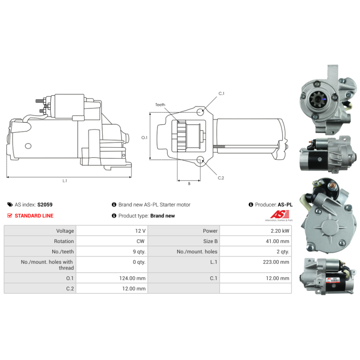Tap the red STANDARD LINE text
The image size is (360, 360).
click(x=34, y=216)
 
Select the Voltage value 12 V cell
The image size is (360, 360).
click(x=140, y=231)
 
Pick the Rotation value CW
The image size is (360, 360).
click(x=140, y=241)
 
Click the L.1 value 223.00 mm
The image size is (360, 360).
click(x=276, y=261)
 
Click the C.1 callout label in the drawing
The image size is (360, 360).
click(x=221, y=94)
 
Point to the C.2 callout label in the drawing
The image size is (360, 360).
click(x=221, y=178)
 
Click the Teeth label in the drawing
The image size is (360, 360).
click(x=160, y=105)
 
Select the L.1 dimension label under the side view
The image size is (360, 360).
click(x=65, y=181)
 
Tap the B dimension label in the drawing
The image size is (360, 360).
click(x=189, y=184)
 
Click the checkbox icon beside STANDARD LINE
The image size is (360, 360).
click(x=10, y=216)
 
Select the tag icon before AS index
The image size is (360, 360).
click(x=10, y=204)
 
